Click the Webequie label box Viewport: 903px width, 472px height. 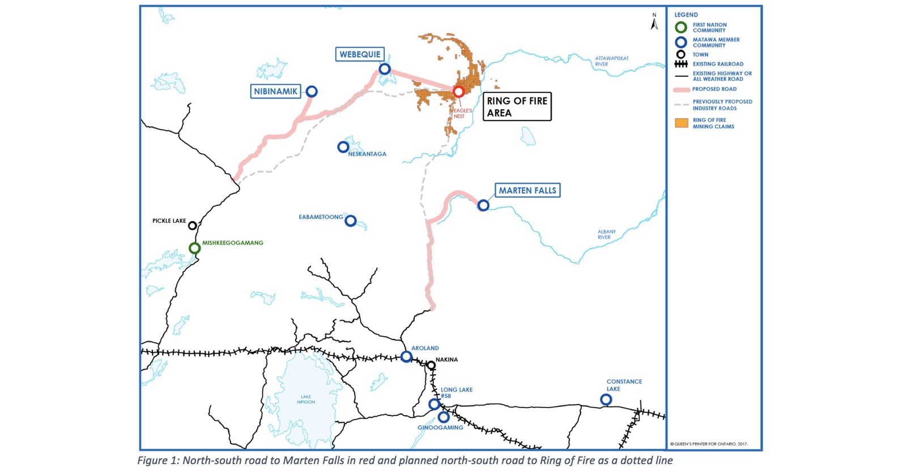(360, 54)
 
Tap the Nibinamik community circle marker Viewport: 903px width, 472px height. (312, 92)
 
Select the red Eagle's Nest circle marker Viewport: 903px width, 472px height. (458, 92)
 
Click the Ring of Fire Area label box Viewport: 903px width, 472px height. (517, 107)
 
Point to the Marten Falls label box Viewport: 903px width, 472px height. (527, 191)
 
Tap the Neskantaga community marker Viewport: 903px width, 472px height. (343, 147)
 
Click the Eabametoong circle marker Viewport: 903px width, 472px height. (351, 221)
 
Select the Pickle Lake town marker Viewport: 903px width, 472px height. (193, 226)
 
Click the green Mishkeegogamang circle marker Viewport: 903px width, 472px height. (194, 248)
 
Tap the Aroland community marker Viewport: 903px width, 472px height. (406, 357)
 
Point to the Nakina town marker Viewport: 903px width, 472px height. (431, 366)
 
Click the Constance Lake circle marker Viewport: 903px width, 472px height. (606, 400)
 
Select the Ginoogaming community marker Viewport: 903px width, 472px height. (444, 417)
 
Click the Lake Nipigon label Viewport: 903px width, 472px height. (306, 400)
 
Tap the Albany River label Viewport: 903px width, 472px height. (606, 234)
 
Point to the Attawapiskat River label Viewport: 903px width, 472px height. (612, 61)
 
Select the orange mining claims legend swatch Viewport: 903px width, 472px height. (681, 123)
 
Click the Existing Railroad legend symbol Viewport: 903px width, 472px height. (681, 64)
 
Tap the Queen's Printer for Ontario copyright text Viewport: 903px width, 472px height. (709, 444)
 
